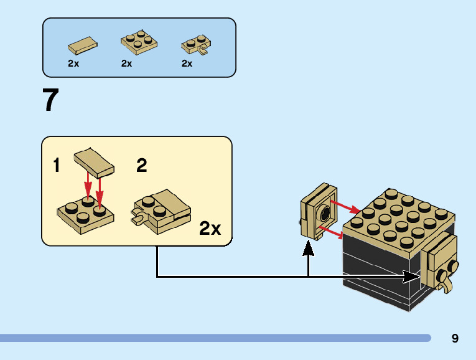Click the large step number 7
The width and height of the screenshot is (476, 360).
point(50,100)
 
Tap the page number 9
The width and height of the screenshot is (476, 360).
point(455,338)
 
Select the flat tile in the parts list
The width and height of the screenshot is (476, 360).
point(83,45)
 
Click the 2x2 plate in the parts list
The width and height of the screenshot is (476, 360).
point(139,42)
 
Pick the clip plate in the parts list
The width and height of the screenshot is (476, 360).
point(196,45)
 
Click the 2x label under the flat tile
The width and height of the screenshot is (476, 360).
point(73,64)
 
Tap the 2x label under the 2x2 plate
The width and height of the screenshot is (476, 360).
point(126,64)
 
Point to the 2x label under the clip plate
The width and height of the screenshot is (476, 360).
point(187,64)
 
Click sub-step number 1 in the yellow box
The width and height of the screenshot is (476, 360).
point(57,165)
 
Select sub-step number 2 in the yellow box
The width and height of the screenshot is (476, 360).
point(142,165)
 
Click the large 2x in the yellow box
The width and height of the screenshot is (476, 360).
point(210,228)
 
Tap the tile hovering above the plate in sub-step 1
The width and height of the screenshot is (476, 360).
point(94,163)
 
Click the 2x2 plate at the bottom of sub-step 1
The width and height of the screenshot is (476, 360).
point(86,215)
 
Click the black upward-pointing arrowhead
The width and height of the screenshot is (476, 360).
point(308,249)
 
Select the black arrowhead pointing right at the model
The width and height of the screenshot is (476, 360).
point(411,277)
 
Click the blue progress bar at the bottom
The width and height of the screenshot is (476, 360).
point(215,338)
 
